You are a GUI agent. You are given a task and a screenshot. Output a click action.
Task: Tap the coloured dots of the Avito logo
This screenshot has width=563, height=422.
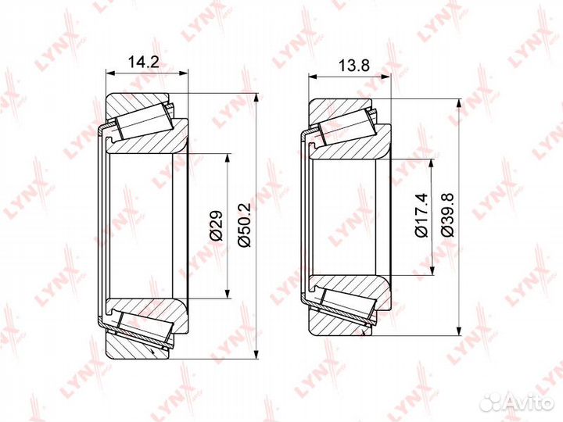click(491, 402)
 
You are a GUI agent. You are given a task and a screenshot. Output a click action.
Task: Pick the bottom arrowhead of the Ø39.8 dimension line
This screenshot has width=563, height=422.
click(460, 331)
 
